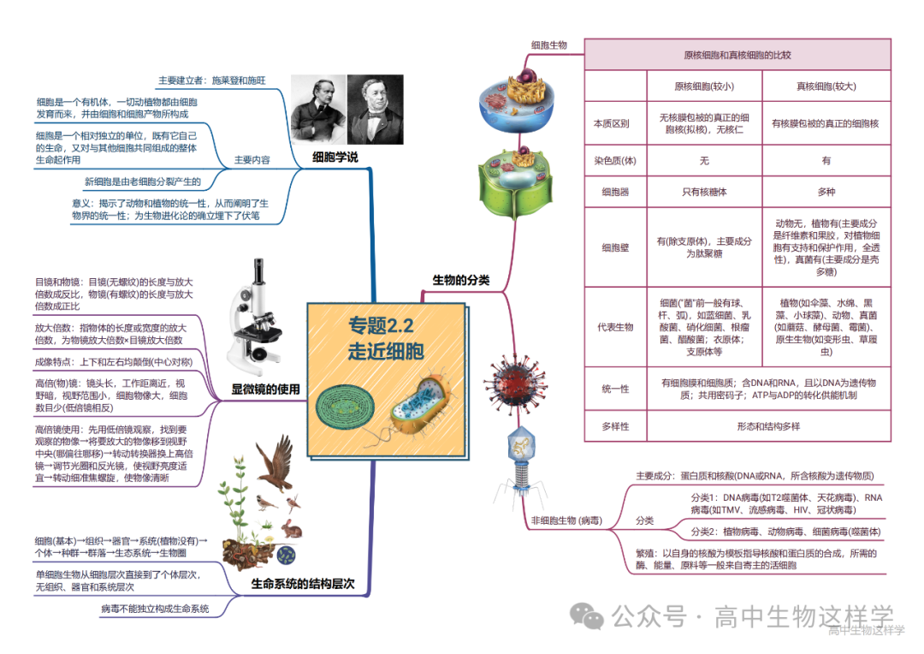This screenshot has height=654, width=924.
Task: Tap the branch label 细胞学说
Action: pos(335,157)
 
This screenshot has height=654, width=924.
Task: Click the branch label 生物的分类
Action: pos(461,280)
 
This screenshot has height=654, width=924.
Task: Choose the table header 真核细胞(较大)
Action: pos(826,86)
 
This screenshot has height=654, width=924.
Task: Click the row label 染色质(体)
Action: pos(615,160)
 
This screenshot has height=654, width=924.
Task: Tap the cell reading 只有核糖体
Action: pos(703,192)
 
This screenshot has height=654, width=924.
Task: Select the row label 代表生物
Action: pos(615,326)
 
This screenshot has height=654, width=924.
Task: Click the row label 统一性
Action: pos(615,389)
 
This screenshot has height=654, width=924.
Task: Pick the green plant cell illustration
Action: pos(513,183)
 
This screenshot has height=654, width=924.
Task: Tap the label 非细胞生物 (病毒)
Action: pos(566,520)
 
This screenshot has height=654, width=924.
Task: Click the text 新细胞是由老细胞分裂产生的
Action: pos(143,181)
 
